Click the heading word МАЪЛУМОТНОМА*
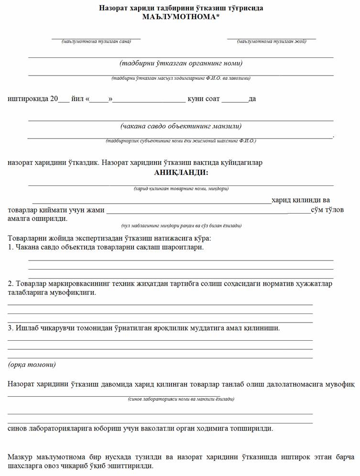(x=181, y=17)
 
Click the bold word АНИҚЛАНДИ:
(x=181, y=172)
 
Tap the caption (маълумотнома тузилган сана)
(x=96, y=42)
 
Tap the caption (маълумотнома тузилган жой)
(x=272, y=42)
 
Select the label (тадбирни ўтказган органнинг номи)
(x=181, y=63)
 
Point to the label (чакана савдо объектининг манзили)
(x=181, y=127)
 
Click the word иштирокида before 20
(x=28, y=99)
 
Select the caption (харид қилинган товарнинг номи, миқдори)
(x=181, y=189)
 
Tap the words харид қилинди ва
(x=300, y=200)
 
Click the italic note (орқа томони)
(x=32, y=365)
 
